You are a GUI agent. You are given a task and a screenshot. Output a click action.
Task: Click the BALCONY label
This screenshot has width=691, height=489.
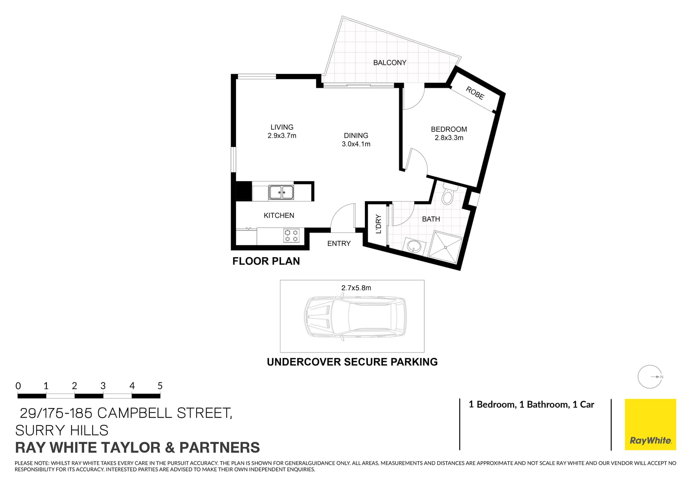point(389,63)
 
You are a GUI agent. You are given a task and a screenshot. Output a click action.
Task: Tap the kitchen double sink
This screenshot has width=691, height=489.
point(281,192)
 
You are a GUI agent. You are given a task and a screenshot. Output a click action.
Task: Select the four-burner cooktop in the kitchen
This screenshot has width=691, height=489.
point(291,235)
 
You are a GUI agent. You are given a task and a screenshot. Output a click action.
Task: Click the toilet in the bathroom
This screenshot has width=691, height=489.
point(447,196)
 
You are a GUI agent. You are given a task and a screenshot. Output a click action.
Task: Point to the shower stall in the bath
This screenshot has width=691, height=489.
point(446,247)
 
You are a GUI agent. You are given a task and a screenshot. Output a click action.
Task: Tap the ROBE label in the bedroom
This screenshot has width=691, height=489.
point(475,93)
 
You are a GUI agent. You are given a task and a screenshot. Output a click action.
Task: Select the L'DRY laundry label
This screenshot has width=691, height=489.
point(378,224)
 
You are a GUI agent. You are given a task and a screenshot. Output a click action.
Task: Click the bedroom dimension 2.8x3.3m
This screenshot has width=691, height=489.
point(449,138)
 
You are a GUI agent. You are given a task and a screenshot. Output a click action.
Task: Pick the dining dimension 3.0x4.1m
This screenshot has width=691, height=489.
point(356,144)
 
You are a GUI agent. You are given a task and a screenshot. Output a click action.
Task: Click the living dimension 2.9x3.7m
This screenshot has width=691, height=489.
point(282,136)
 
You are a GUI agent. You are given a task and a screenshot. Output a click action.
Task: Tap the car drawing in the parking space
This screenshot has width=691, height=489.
point(355,317)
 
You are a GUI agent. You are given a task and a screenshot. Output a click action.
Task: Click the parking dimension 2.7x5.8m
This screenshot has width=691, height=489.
point(356,288)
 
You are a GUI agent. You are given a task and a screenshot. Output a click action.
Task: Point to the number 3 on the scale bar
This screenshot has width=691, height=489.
point(103,386)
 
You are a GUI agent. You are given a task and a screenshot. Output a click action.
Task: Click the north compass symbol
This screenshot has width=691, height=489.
point(650,377)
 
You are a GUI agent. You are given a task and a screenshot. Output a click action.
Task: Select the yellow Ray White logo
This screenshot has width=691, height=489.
point(650,424)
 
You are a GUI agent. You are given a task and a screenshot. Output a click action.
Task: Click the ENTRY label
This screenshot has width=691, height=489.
point(339,244)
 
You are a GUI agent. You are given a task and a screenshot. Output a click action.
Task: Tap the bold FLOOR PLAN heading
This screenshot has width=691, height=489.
point(266,261)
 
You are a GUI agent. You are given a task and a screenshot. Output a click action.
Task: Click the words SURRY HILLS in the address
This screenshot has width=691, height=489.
point(62,430)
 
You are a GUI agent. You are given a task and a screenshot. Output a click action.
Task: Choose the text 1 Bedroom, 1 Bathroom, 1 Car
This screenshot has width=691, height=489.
point(531,405)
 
